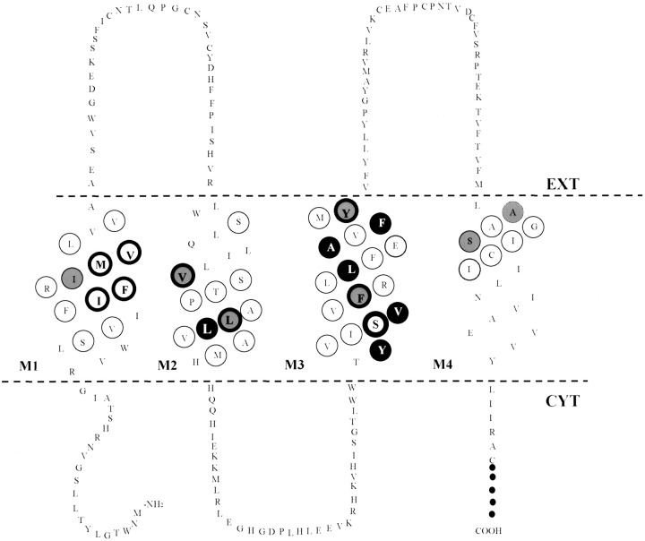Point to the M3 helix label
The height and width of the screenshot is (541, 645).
(x=296, y=365)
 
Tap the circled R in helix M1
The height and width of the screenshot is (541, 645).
(x=46, y=288)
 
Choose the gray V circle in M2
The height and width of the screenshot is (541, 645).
(x=184, y=276)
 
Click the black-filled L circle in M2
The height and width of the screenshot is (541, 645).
(x=208, y=329)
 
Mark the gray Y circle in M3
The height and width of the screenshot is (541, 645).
(x=347, y=211)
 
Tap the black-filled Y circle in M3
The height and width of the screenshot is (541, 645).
(x=383, y=350)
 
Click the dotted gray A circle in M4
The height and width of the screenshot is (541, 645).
(x=512, y=211)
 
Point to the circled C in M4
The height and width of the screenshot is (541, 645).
(x=490, y=254)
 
